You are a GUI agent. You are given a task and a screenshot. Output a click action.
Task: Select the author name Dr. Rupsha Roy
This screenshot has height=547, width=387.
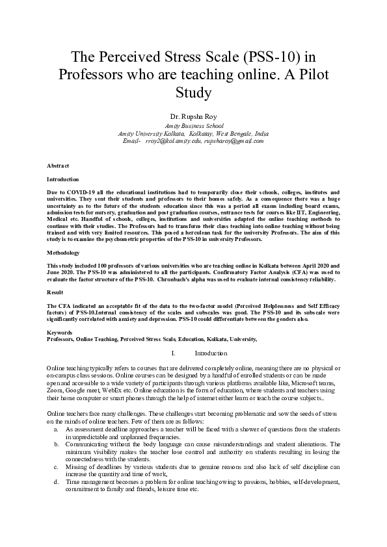(x=193, y=116)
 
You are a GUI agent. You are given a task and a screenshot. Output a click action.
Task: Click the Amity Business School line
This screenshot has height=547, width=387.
(x=194, y=125)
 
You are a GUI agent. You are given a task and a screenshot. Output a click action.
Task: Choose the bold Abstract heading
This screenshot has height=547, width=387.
(x=58, y=166)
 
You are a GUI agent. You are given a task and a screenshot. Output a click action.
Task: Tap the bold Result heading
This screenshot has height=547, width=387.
(x=55, y=293)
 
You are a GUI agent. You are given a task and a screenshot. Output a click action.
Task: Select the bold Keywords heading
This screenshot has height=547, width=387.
(x=60, y=332)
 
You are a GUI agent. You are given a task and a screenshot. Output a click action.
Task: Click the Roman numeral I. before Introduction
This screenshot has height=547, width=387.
(x=172, y=353)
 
